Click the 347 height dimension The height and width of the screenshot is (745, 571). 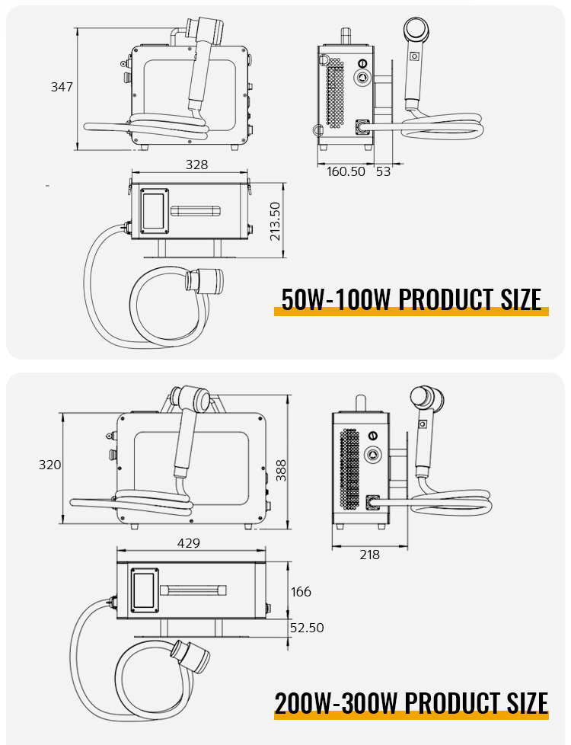point(62,87)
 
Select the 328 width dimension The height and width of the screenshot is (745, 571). point(196,165)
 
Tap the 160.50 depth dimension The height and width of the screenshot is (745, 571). point(346,171)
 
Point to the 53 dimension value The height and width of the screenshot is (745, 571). point(384,171)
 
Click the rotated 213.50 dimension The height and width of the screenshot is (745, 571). point(275,221)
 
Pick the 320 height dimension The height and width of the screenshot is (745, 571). point(50,465)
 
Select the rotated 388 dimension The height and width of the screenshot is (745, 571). point(281,470)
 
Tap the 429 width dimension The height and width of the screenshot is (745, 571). point(189,543)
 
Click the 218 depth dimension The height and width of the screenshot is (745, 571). point(369,555)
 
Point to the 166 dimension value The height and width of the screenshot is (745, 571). point(301,592)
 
